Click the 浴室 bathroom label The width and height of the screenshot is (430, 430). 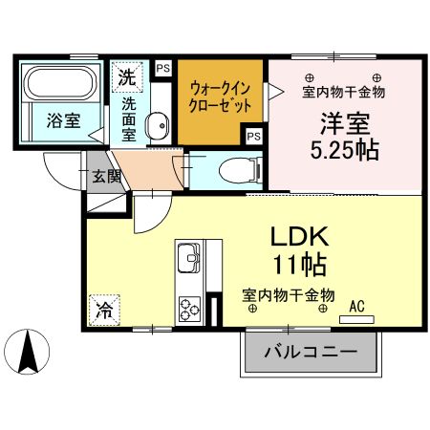tap(62, 120)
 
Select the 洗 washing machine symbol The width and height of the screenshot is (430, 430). tap(126, 74)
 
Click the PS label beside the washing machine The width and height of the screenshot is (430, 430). tap(162, 69)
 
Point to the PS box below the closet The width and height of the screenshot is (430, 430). tap(253, 137)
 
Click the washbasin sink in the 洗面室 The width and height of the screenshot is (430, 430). tap(160, 124)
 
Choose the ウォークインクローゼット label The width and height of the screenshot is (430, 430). tap(221, 96)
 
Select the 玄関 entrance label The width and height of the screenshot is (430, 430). tap(105, 176)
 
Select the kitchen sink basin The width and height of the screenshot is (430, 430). tap(187, 259)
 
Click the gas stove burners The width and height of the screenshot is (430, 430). tap(187, 309)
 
